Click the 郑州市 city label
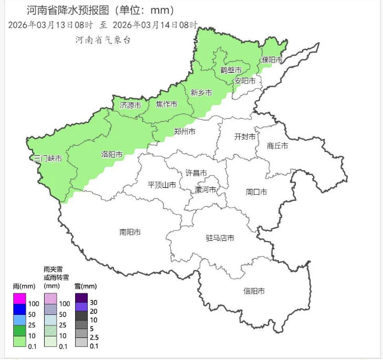click(184, 131)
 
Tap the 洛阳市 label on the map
click(111, 155)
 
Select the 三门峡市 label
click(48, 158)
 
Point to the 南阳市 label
click(130, 232)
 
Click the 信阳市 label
click(254, 291)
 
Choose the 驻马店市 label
click(220, 238)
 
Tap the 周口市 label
click(256, 192)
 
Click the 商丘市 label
click(277, 146)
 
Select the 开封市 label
click(245, 136)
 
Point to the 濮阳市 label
click(272, 60)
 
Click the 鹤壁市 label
click(231, 70)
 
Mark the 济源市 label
click(130, 105)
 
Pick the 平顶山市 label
click(162, 185)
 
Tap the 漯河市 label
click(205, 189)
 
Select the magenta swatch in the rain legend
click(20, 298)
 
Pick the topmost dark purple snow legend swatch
click(81, 298)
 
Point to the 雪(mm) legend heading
click(86, 286)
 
